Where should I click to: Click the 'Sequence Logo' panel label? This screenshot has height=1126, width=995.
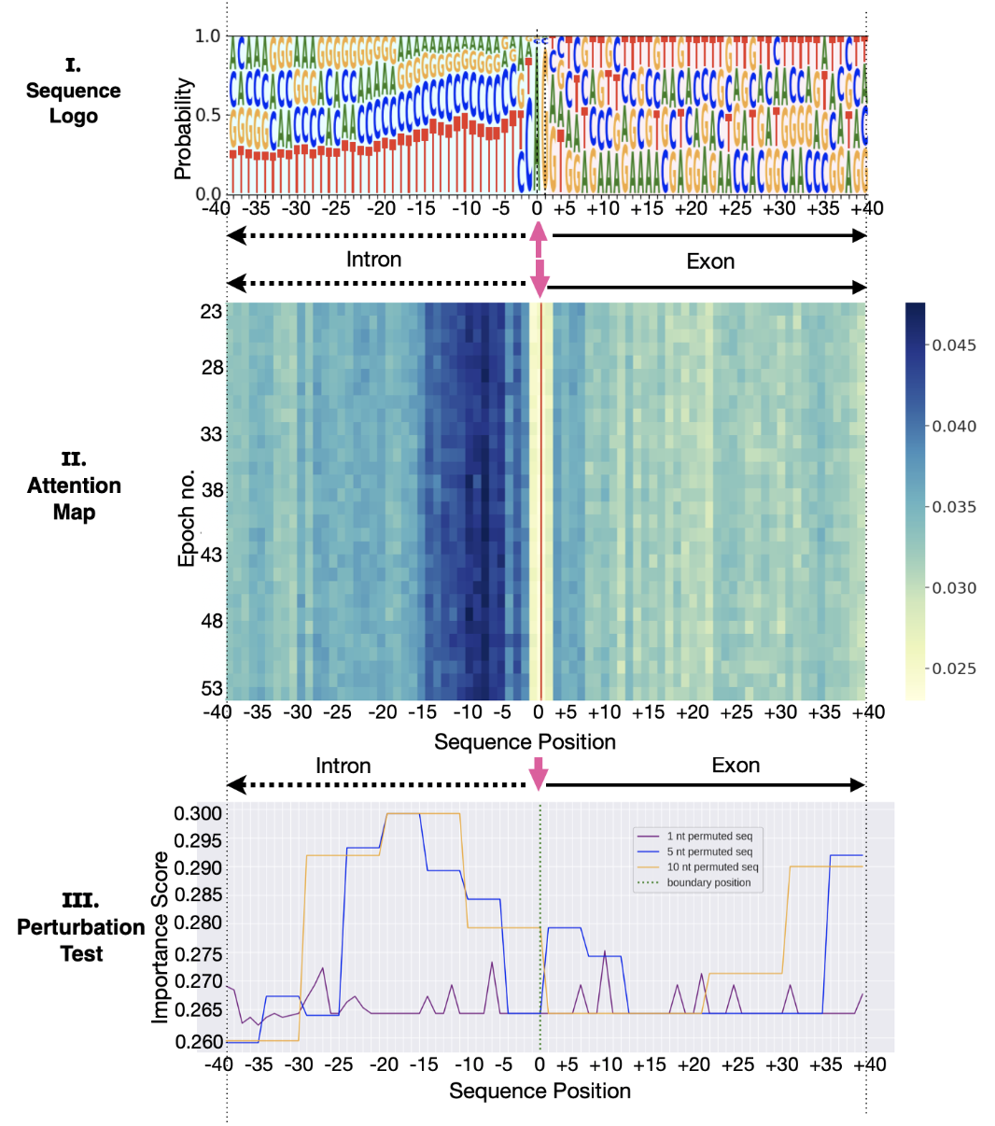73,91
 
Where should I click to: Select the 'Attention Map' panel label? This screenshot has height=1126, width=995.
74,486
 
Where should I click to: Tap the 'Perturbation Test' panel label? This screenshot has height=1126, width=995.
80,927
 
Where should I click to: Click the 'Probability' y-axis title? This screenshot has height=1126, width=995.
183,129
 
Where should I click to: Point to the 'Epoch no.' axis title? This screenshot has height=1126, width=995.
187,517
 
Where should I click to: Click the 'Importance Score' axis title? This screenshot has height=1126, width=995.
161,936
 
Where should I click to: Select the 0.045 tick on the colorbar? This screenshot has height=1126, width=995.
954,345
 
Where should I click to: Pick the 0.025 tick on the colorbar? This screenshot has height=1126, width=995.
954,669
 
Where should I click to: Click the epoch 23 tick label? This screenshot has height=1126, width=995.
212,311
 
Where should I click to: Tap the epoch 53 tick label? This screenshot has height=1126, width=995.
212,689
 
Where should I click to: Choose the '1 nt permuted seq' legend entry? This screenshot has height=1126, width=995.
708,836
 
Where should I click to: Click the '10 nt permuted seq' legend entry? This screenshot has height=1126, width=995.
711,867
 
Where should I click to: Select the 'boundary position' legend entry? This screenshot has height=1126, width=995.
708,882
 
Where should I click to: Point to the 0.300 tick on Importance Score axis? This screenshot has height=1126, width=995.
198,813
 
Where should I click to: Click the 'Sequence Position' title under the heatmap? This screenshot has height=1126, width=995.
525,742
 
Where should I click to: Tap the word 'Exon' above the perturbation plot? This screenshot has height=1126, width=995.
736,766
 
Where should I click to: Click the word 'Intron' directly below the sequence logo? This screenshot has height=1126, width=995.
373,260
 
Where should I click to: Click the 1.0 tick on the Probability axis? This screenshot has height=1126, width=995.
207,36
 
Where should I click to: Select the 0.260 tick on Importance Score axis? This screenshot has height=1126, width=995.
198,1041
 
